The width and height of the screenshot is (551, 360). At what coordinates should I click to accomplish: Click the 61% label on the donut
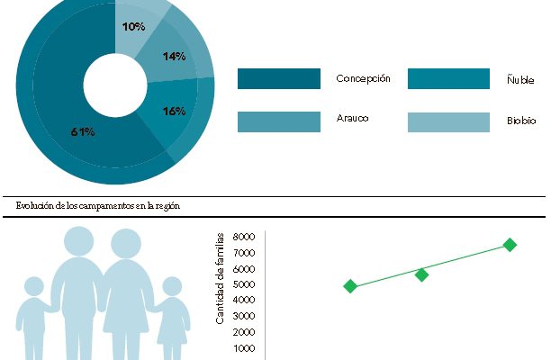coord(83,132)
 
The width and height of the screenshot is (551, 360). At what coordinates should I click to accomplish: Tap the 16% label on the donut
coord(174,111)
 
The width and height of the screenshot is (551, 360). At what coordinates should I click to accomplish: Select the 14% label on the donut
coord(174,57)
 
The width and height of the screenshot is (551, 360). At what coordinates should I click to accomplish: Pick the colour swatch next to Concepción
coord(278,79)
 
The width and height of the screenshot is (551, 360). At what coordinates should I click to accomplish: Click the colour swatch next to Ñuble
coord(448,79)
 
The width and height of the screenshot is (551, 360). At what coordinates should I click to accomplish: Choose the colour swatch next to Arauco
coord(278,121)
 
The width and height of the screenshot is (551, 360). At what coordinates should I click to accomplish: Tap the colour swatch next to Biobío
coord(448,121)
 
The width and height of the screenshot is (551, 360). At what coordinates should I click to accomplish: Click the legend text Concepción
coord(363,78)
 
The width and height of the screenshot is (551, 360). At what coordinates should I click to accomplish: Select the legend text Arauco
coord(353,118)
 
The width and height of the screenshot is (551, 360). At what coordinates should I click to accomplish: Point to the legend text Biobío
coord(520,120)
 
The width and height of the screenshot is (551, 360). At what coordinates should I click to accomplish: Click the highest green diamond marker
coord(510,245)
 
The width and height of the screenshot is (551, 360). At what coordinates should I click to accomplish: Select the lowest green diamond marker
coord(350,286)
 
